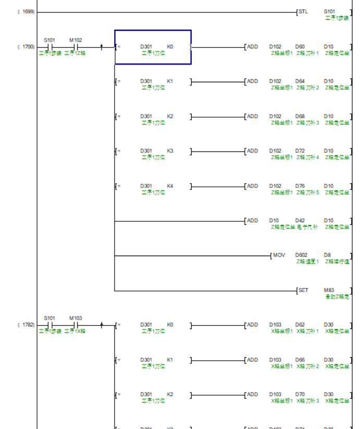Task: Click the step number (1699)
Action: pos(27,11)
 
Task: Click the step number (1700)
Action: pos(27,47)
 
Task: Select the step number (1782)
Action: pos(27,325)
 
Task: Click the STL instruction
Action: pos(303,11)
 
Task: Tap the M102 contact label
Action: pos(76,40)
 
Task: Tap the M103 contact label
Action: pos(76,318)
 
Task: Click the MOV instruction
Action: pos(279,255)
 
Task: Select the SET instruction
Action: pos(303,290)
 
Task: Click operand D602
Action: pos(301,255)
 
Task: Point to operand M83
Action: pos(329,290)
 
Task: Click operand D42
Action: pos(300,220)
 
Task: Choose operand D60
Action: pos(300,46)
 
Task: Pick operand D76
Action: pos(300,185)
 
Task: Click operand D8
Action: pos(327,255)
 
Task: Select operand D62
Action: pos(300,324)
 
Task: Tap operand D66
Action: pos(300,359)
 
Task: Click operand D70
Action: pos(300,394)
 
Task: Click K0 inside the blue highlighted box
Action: pos(170,46)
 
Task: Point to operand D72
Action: pos(300,150)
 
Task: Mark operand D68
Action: pos(300,116)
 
